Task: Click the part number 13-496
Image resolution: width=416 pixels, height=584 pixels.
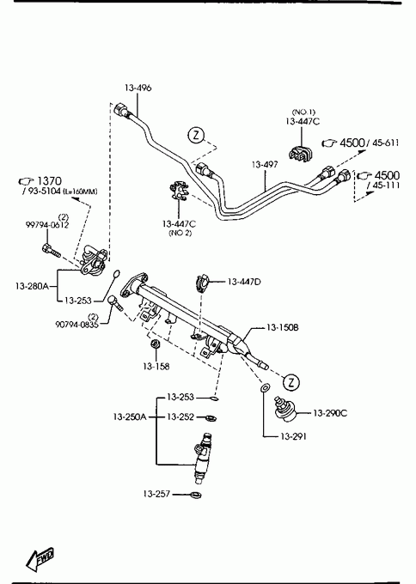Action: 138,88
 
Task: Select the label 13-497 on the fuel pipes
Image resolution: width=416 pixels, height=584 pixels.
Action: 265,164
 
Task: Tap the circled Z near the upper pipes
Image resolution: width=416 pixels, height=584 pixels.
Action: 196,135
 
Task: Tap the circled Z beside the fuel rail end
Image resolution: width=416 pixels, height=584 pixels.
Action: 291,382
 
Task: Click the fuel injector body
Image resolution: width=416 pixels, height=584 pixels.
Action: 202,459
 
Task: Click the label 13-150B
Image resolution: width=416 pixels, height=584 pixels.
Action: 282,328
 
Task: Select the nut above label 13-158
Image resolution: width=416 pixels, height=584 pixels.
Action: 155,344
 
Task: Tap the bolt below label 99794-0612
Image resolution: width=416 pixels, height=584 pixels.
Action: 51,250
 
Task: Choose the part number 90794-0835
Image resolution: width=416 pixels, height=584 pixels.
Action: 76,325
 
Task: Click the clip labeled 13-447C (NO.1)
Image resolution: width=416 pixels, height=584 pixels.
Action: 301,153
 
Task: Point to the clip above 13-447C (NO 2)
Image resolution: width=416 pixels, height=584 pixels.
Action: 180,190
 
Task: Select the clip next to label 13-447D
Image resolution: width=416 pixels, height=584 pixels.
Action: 203,283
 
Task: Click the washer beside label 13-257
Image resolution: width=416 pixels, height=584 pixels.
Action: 195,495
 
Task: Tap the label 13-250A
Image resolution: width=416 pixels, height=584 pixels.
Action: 130,417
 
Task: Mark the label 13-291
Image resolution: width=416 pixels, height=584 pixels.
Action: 293,436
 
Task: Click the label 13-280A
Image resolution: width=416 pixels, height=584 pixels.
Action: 32,286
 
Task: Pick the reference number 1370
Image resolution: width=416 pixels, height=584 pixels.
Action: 49,181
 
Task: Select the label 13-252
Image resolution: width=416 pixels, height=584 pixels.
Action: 180,417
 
